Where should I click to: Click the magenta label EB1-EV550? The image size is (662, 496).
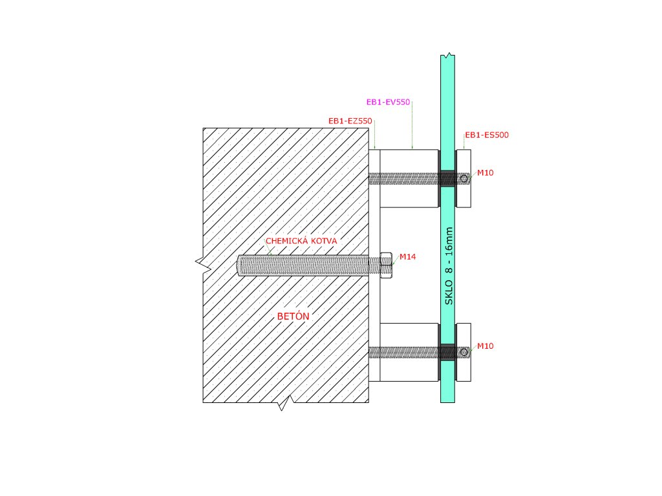[389, 102]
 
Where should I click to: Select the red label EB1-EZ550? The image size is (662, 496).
[350, 121]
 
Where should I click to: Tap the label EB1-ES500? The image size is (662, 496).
[487, 136]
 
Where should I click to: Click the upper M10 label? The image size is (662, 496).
[486, 173]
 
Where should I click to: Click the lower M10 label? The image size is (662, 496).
[486, 346]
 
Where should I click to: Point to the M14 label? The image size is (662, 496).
[407, 257]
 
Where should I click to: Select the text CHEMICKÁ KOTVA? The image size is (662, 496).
[301, 241]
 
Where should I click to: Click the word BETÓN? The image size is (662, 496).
[293, 316]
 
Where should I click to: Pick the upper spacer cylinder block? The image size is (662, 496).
[409, 179]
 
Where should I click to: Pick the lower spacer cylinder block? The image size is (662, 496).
[409, 352]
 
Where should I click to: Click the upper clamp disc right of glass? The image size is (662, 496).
[464, 179]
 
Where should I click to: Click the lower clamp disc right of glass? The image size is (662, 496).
[464, 352]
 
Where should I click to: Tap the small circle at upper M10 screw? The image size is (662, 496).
[464, 178]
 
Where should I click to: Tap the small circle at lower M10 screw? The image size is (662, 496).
[464, 352]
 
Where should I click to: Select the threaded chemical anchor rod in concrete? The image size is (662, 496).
[304, 265]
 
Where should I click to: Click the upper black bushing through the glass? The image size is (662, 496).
[447, 178]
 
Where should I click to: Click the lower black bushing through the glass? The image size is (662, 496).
[447, 352]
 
